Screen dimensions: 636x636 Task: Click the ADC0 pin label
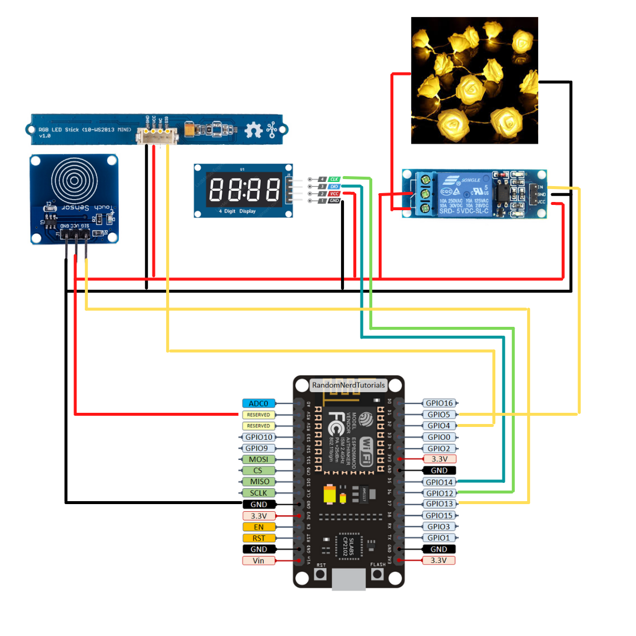coord(259,403)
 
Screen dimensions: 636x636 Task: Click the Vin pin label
coord(259,560)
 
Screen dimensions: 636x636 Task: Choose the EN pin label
coord(259,526)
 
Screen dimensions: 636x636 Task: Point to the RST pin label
coord(259,538)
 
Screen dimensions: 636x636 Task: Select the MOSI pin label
coord(259,459)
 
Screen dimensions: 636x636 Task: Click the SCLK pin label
coord(259,493)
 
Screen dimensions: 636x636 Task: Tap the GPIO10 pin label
coord(259,437)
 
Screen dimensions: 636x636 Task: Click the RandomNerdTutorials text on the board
coord(349,385)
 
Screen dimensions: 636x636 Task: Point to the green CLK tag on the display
coord(334,178)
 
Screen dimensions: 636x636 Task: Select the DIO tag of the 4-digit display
coord(334,186)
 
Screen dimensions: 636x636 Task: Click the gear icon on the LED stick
coord(254,130)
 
